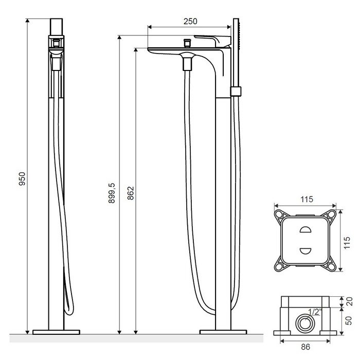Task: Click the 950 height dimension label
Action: pos(22,178)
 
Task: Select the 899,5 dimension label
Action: pos(112,193)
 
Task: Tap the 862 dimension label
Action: pos(131,193)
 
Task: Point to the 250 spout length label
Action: pos(190,22)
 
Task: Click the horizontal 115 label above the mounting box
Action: pos(307,200)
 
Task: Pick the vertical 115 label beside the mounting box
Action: pos(347,242)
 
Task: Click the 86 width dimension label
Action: pos(305,347)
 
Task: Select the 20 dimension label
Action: pos(349,301)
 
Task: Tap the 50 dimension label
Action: pos(349,321)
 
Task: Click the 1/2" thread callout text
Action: pos(315,312)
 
